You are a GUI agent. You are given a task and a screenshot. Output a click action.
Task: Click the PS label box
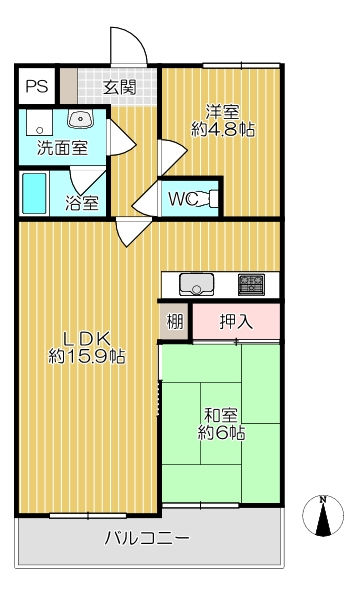tap(37, 86)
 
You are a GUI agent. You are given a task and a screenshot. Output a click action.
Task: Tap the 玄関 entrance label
tap(119, 87)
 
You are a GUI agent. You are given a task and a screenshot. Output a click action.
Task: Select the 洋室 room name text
tap(223, 110)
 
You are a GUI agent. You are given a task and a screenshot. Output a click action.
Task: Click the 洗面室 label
tap(62, 148)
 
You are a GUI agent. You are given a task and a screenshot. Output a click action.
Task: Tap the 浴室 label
tap(82, 203)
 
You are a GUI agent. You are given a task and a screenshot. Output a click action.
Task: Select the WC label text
tap(182, 198)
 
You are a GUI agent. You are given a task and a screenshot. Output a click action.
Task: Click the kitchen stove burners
tap(251, 284)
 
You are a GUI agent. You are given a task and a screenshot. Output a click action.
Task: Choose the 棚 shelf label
tap(174, 322)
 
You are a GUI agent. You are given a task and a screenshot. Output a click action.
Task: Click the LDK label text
tap(87, 336)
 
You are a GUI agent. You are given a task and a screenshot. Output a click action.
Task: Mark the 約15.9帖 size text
tap(87, 355)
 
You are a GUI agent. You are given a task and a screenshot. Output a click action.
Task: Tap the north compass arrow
tap(322, 517)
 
